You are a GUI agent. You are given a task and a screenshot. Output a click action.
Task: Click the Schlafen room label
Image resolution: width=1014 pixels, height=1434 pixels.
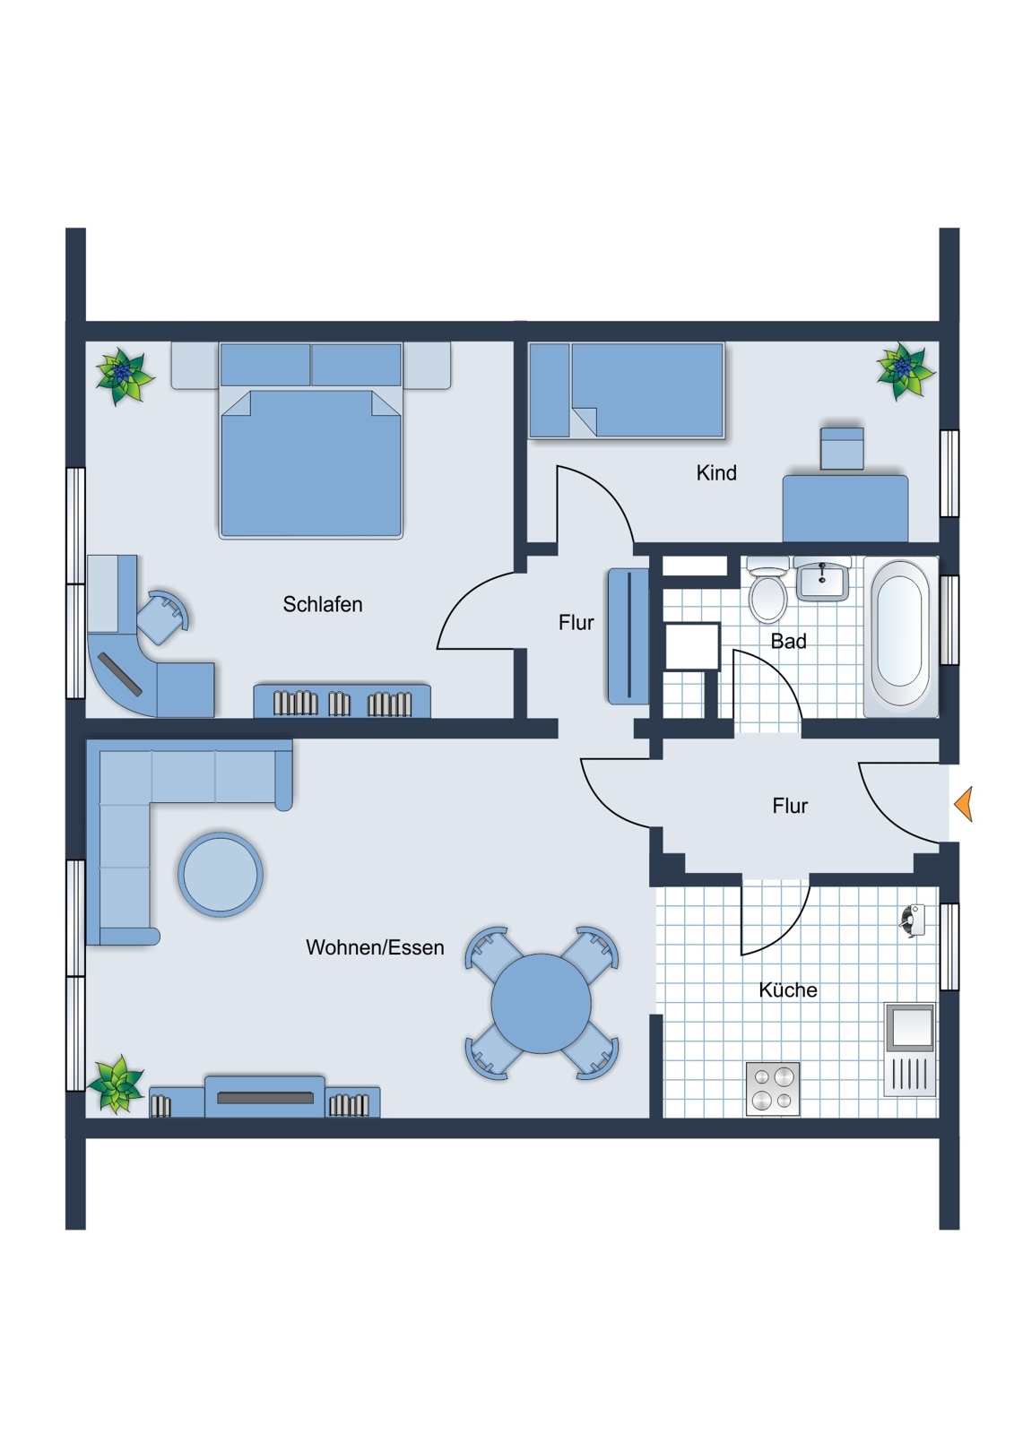[322, 604]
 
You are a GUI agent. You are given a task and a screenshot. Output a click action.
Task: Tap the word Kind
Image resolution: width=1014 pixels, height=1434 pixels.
[716, 473]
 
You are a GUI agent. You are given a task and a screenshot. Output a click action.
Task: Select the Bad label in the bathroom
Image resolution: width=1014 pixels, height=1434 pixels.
[788, 641]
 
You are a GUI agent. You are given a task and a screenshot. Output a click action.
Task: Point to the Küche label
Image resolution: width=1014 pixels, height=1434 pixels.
[788, 989]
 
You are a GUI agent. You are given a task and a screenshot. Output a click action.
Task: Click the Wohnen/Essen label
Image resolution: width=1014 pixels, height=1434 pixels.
[375, 946]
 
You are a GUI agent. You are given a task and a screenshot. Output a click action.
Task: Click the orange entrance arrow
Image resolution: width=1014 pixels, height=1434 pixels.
[963, 803]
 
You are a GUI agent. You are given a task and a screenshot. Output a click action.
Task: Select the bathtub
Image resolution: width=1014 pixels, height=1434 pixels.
[900, 635]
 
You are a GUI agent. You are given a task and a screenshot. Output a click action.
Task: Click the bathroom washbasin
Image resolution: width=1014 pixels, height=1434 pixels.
[822, 577]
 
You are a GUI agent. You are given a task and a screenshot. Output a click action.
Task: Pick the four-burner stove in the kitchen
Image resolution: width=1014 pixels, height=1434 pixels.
[773, 1088]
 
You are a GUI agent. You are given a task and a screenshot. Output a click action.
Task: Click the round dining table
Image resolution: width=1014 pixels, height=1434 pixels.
[542, 1003]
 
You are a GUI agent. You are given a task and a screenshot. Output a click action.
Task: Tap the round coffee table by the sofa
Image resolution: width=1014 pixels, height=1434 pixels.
[221, 874]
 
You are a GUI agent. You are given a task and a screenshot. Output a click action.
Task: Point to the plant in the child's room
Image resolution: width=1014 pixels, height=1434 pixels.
[905, 371]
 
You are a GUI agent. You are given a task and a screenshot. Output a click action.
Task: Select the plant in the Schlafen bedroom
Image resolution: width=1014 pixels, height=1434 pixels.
[125, 376]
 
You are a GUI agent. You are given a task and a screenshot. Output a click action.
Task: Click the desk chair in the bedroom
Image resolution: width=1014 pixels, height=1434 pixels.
[163, 617]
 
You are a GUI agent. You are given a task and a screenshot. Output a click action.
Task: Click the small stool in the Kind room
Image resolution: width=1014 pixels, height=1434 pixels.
[842, 447]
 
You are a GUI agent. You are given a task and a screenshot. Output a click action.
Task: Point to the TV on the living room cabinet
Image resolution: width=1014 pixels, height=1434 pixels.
[265, 1097]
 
